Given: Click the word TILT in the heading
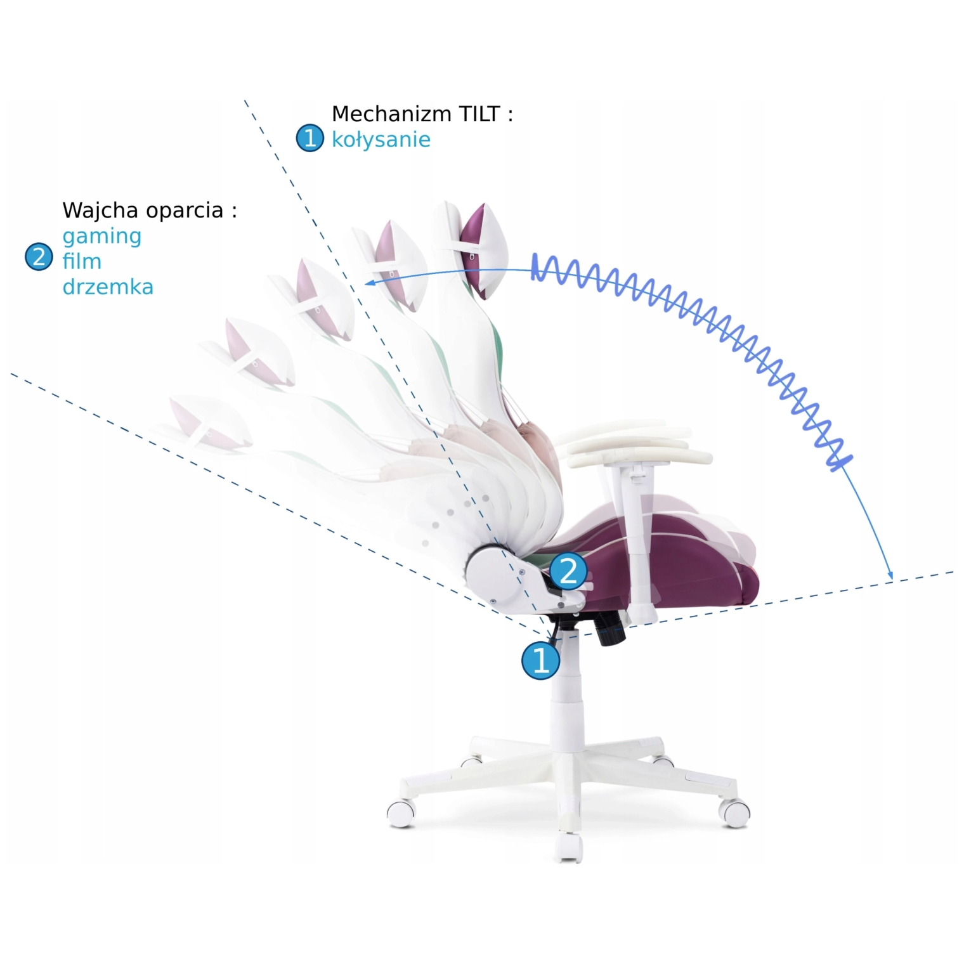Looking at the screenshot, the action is pos(479,114).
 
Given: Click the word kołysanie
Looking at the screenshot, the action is pos(381,140).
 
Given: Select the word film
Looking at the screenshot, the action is pos(82,261).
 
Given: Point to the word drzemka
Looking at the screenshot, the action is pos(108,287).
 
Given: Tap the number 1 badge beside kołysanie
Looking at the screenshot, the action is pos(310,138).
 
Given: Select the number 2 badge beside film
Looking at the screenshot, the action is pos(39,257).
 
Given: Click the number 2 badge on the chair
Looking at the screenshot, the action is pos(568,571).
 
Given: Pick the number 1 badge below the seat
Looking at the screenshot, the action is pos(540,661).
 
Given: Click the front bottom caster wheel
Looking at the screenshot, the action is pos(569,847).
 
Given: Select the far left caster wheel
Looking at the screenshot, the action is pos(401,812).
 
